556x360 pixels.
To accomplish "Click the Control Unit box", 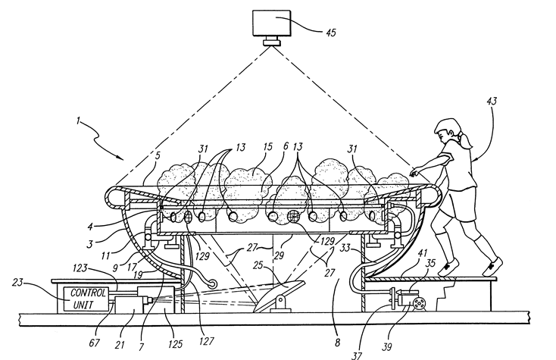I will [x=83, y=298].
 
